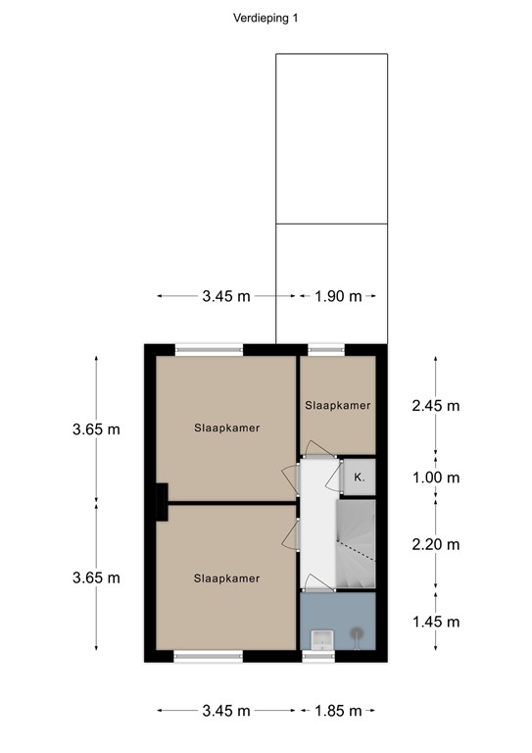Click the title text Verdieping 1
[266, 17]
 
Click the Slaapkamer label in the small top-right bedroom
[337, 405]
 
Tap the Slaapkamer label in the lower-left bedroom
[226, 578]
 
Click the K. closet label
[359, 477]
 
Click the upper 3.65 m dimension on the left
[96, 428]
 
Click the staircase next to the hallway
[356, 544]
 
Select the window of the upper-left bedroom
[209, 348]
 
